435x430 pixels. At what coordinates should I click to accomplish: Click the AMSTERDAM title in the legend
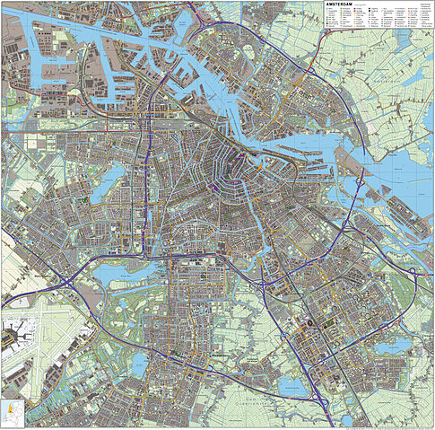[x=340, y=5]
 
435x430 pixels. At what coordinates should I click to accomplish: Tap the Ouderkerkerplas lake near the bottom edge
[x=290, y=386]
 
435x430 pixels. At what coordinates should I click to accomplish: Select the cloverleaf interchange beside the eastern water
[x=358, y=182]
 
